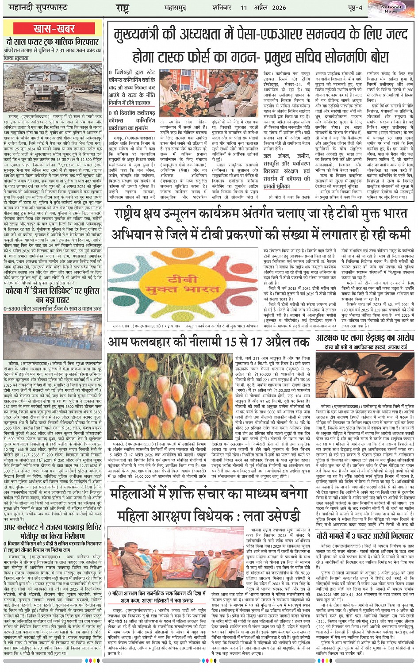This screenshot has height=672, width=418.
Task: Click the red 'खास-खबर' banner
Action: coord(54,29)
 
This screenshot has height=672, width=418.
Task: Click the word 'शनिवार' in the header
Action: coord(223,8)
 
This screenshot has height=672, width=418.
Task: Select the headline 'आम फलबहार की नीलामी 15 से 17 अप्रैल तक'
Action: coord(209,342)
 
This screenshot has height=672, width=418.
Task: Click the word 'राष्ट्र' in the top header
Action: coord(122,8)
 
